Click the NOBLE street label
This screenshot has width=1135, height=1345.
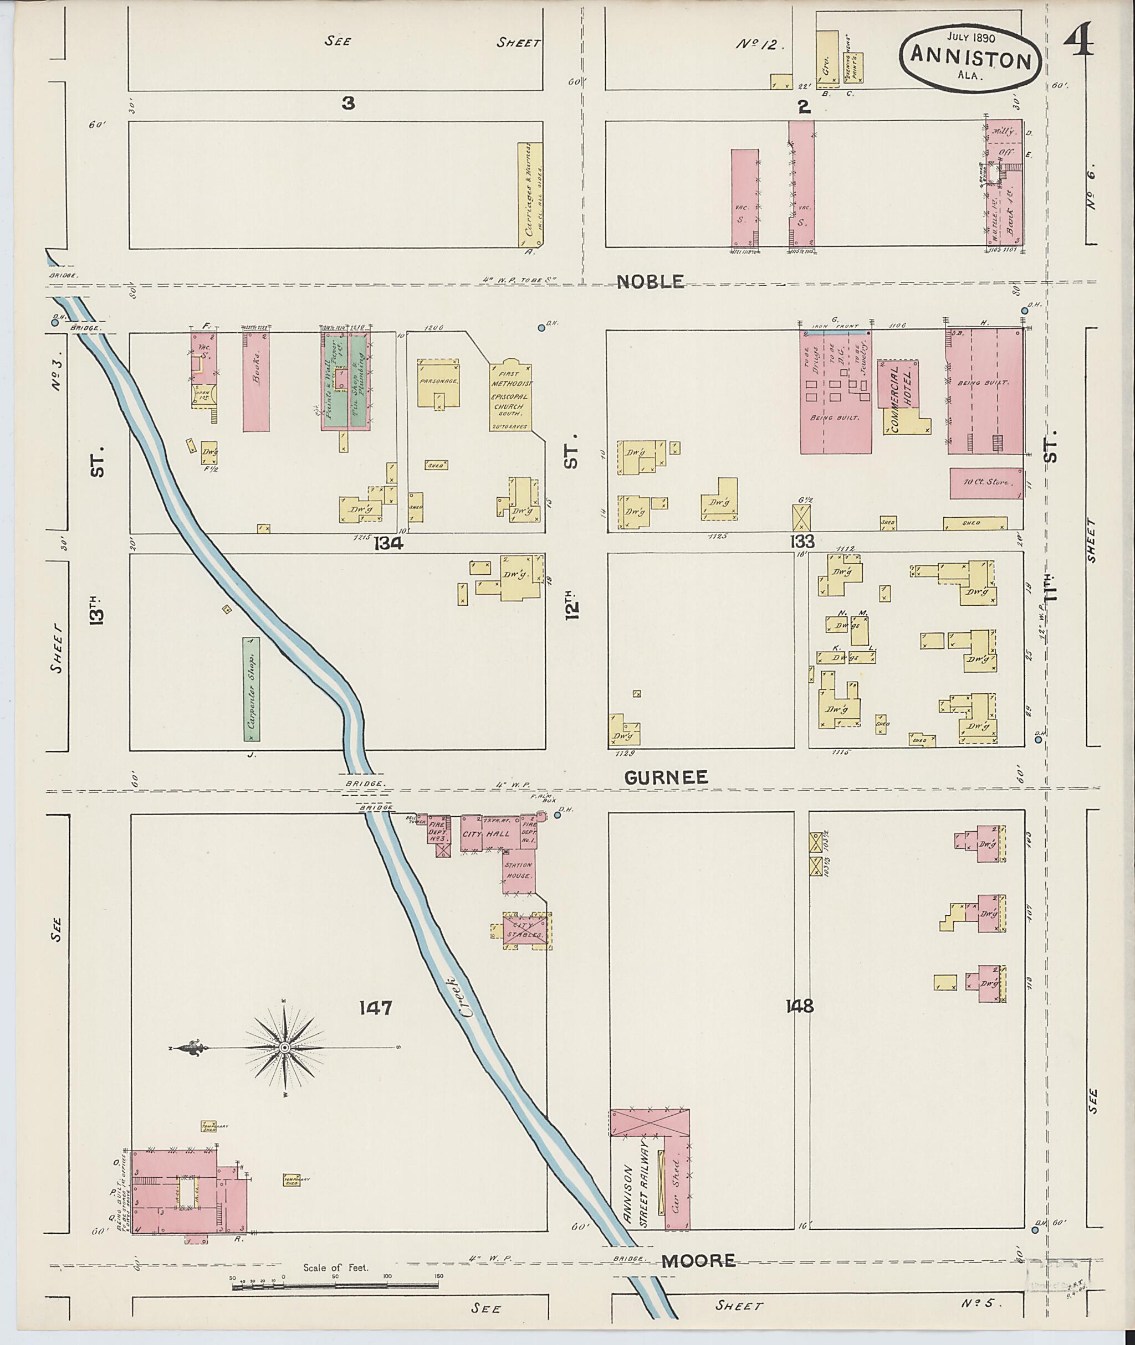pos(650,282)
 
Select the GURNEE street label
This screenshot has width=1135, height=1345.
pos(666,777)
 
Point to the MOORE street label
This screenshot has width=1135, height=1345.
pos(699,1261)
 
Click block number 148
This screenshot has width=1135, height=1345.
pos(799,1006)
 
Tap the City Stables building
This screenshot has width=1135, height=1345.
pos(526,930)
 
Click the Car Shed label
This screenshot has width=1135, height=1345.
pos(676,1191)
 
